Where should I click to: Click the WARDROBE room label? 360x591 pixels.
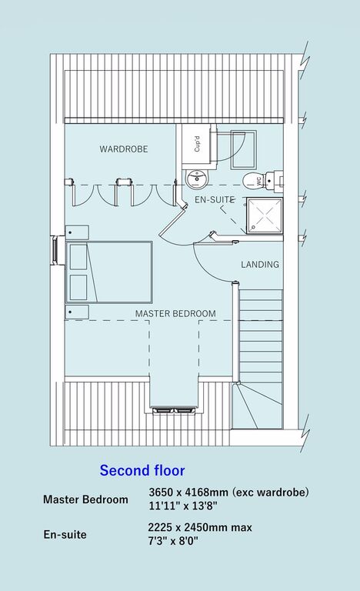click(x=124, y=149)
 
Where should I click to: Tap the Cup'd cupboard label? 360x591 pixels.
click(x=197, y=144)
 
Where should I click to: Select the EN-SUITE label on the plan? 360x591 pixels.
click(x=215, y=199)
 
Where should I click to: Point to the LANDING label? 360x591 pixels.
click(x=260, y=264)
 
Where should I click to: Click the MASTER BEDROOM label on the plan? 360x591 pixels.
click(x=175, y=313)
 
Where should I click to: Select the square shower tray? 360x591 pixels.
click(x=265, y=215)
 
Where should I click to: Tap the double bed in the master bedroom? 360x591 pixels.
click(x=109, y=272)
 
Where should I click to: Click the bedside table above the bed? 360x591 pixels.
click(x=77, y=232)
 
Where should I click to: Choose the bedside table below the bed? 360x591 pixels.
click(x=77, y=312)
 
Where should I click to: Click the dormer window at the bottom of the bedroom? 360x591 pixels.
click(x=174, y=410)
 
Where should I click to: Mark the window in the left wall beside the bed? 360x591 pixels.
click(x=55, y=250)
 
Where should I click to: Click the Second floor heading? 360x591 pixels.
click(x=142, y=470)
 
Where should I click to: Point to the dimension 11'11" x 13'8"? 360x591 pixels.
click(x=183, y=506)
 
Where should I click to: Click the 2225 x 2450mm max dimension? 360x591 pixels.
click(x=200, y=527)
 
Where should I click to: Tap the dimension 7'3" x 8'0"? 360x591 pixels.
click(x=173, y=541)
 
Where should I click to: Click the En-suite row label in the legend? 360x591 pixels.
click(x=65, y=535)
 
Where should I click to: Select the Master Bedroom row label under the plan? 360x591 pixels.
click(x=85, y=499)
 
